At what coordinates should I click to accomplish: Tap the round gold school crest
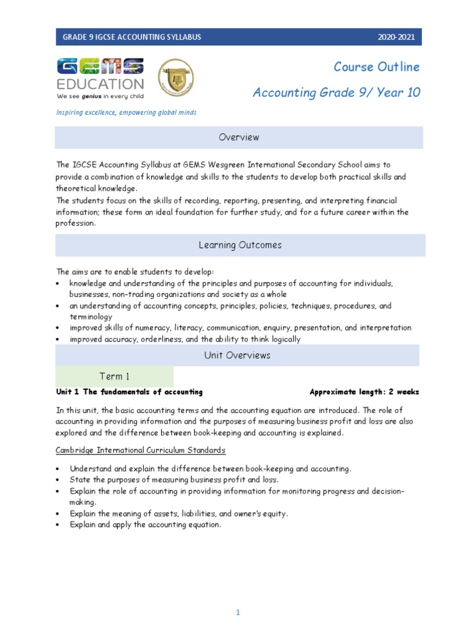point(176,78)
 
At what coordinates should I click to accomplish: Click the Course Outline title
point(376,67)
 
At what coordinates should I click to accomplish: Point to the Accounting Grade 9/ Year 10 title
point(336,93)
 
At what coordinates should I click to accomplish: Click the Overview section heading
point(239,137)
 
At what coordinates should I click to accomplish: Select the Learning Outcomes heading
point(240,245)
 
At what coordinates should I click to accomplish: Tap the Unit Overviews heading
point(237,355)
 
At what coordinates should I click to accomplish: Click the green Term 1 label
point(115,376)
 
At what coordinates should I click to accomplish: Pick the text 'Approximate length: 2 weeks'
point(364,392)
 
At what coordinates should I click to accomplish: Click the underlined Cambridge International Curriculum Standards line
point(141,450)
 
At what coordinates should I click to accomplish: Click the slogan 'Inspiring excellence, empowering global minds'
point(126,112)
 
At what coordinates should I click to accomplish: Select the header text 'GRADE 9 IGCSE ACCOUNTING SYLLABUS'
point(131,37)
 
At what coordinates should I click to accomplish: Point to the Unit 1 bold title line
point(130,392)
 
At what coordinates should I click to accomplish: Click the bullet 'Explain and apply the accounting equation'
point(145,525)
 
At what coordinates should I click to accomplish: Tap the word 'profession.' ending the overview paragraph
point(76,223)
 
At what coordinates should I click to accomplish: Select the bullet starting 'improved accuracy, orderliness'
point(185,339)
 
